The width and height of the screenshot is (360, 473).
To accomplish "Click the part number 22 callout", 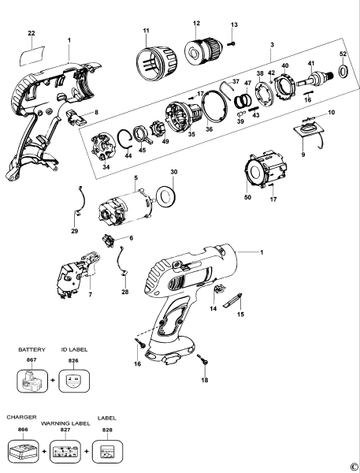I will tap(32, 33).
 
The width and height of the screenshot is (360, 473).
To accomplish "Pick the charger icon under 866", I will tap(24, 452).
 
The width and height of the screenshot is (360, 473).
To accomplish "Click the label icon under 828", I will tap(106, 453).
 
